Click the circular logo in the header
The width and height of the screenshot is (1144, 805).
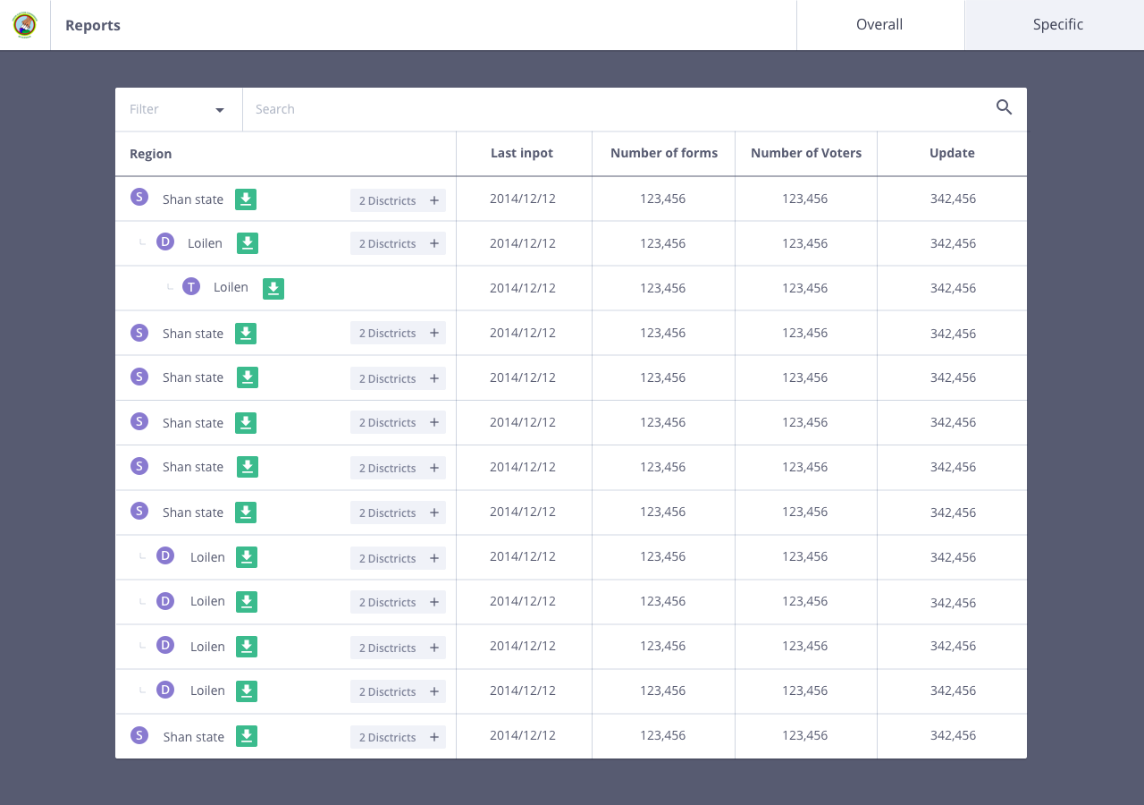pyautogui.click(x=25, y=25)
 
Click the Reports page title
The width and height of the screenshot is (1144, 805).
pyautogui.click(x=93, y=25)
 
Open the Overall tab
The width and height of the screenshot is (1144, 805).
pyautogui.click(x=879, y=25)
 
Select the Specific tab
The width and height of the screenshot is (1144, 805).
pyautogui.click(x=1058, y=25)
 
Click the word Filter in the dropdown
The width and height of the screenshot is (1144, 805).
pyautogui.click(x=144, y=109)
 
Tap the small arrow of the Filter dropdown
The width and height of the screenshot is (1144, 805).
pyautogui.click(x=220, y=110)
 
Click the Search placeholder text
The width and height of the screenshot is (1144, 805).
pyautogui.click(x=275, y=109)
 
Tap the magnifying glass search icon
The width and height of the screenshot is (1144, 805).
pyautogui.click(x=1005, y=108)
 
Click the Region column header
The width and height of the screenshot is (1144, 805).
pyautogui.click(x=150, y=154)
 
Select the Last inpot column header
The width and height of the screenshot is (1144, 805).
pyautogui.click(x=522, y=153)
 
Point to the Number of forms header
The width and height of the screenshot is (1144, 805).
pyautogui.click(x=664, y=153)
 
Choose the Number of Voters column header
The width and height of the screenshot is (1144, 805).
pyautogui.click(x=806, y=153)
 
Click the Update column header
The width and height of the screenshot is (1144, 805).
pyautogui.click(x=952, y=153)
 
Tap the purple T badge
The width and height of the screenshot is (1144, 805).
pyautogui.click(x=191, y=287)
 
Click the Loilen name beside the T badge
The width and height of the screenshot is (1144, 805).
pyautogui.click(x=231, y=287)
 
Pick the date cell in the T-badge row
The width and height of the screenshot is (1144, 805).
pyautogui.click(x=523, y=288)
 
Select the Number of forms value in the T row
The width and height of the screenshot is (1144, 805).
pyautogui.click(x=663, y=288)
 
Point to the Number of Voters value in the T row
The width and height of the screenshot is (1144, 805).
pyautogui.click(x=805, y=288)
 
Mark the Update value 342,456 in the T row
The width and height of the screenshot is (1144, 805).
pyautogui.click(x=953, y=288)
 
